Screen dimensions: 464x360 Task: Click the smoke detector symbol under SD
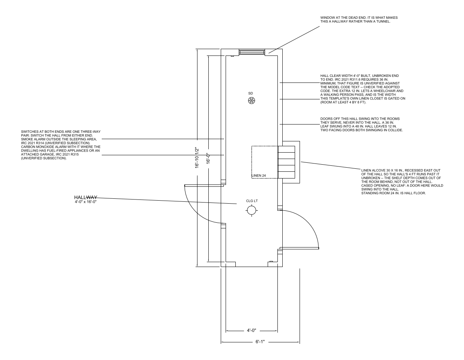click(251, 100)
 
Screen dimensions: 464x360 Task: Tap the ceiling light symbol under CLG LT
click(251, 210)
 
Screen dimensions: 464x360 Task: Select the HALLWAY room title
click(86, 197)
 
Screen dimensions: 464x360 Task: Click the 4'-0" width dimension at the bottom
click(251, 330)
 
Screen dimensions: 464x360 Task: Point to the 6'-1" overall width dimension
click(260, 342)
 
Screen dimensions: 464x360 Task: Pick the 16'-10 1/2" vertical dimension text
click(197, 157)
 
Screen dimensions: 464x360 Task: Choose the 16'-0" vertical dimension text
click(208, 158)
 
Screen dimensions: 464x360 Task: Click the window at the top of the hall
click(252, 52)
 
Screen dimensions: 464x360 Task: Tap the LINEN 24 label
click(259, 175)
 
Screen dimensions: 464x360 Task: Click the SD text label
click(250, 93)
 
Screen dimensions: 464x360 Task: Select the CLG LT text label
click(252, 201)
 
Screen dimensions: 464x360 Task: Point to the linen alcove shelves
click(286, 162)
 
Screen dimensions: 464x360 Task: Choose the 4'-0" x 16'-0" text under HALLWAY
click(86, 202)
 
